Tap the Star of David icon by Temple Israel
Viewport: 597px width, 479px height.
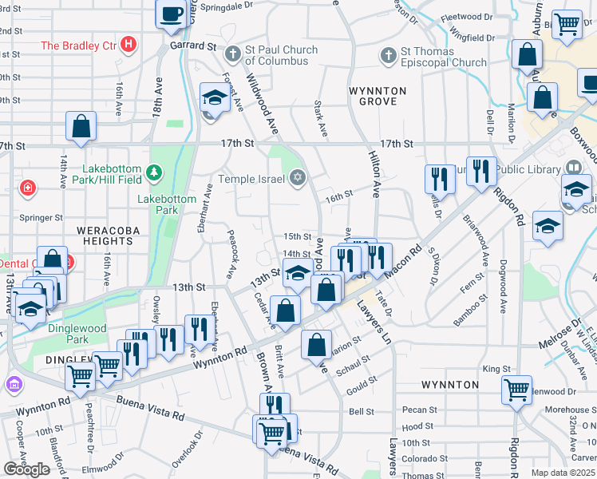[298, 177]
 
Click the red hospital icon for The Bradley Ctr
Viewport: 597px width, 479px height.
[129, 46]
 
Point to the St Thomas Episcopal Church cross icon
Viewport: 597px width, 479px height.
[388, 56]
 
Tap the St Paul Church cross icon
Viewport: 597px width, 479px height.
[233, 55]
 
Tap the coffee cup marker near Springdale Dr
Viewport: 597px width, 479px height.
[172, 14]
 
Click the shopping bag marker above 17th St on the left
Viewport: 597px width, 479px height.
[81, 126]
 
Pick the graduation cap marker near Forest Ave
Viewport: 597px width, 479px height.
[214, 98]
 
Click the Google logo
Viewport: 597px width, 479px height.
[26, 469]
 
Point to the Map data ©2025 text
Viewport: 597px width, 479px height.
[563, 473]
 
